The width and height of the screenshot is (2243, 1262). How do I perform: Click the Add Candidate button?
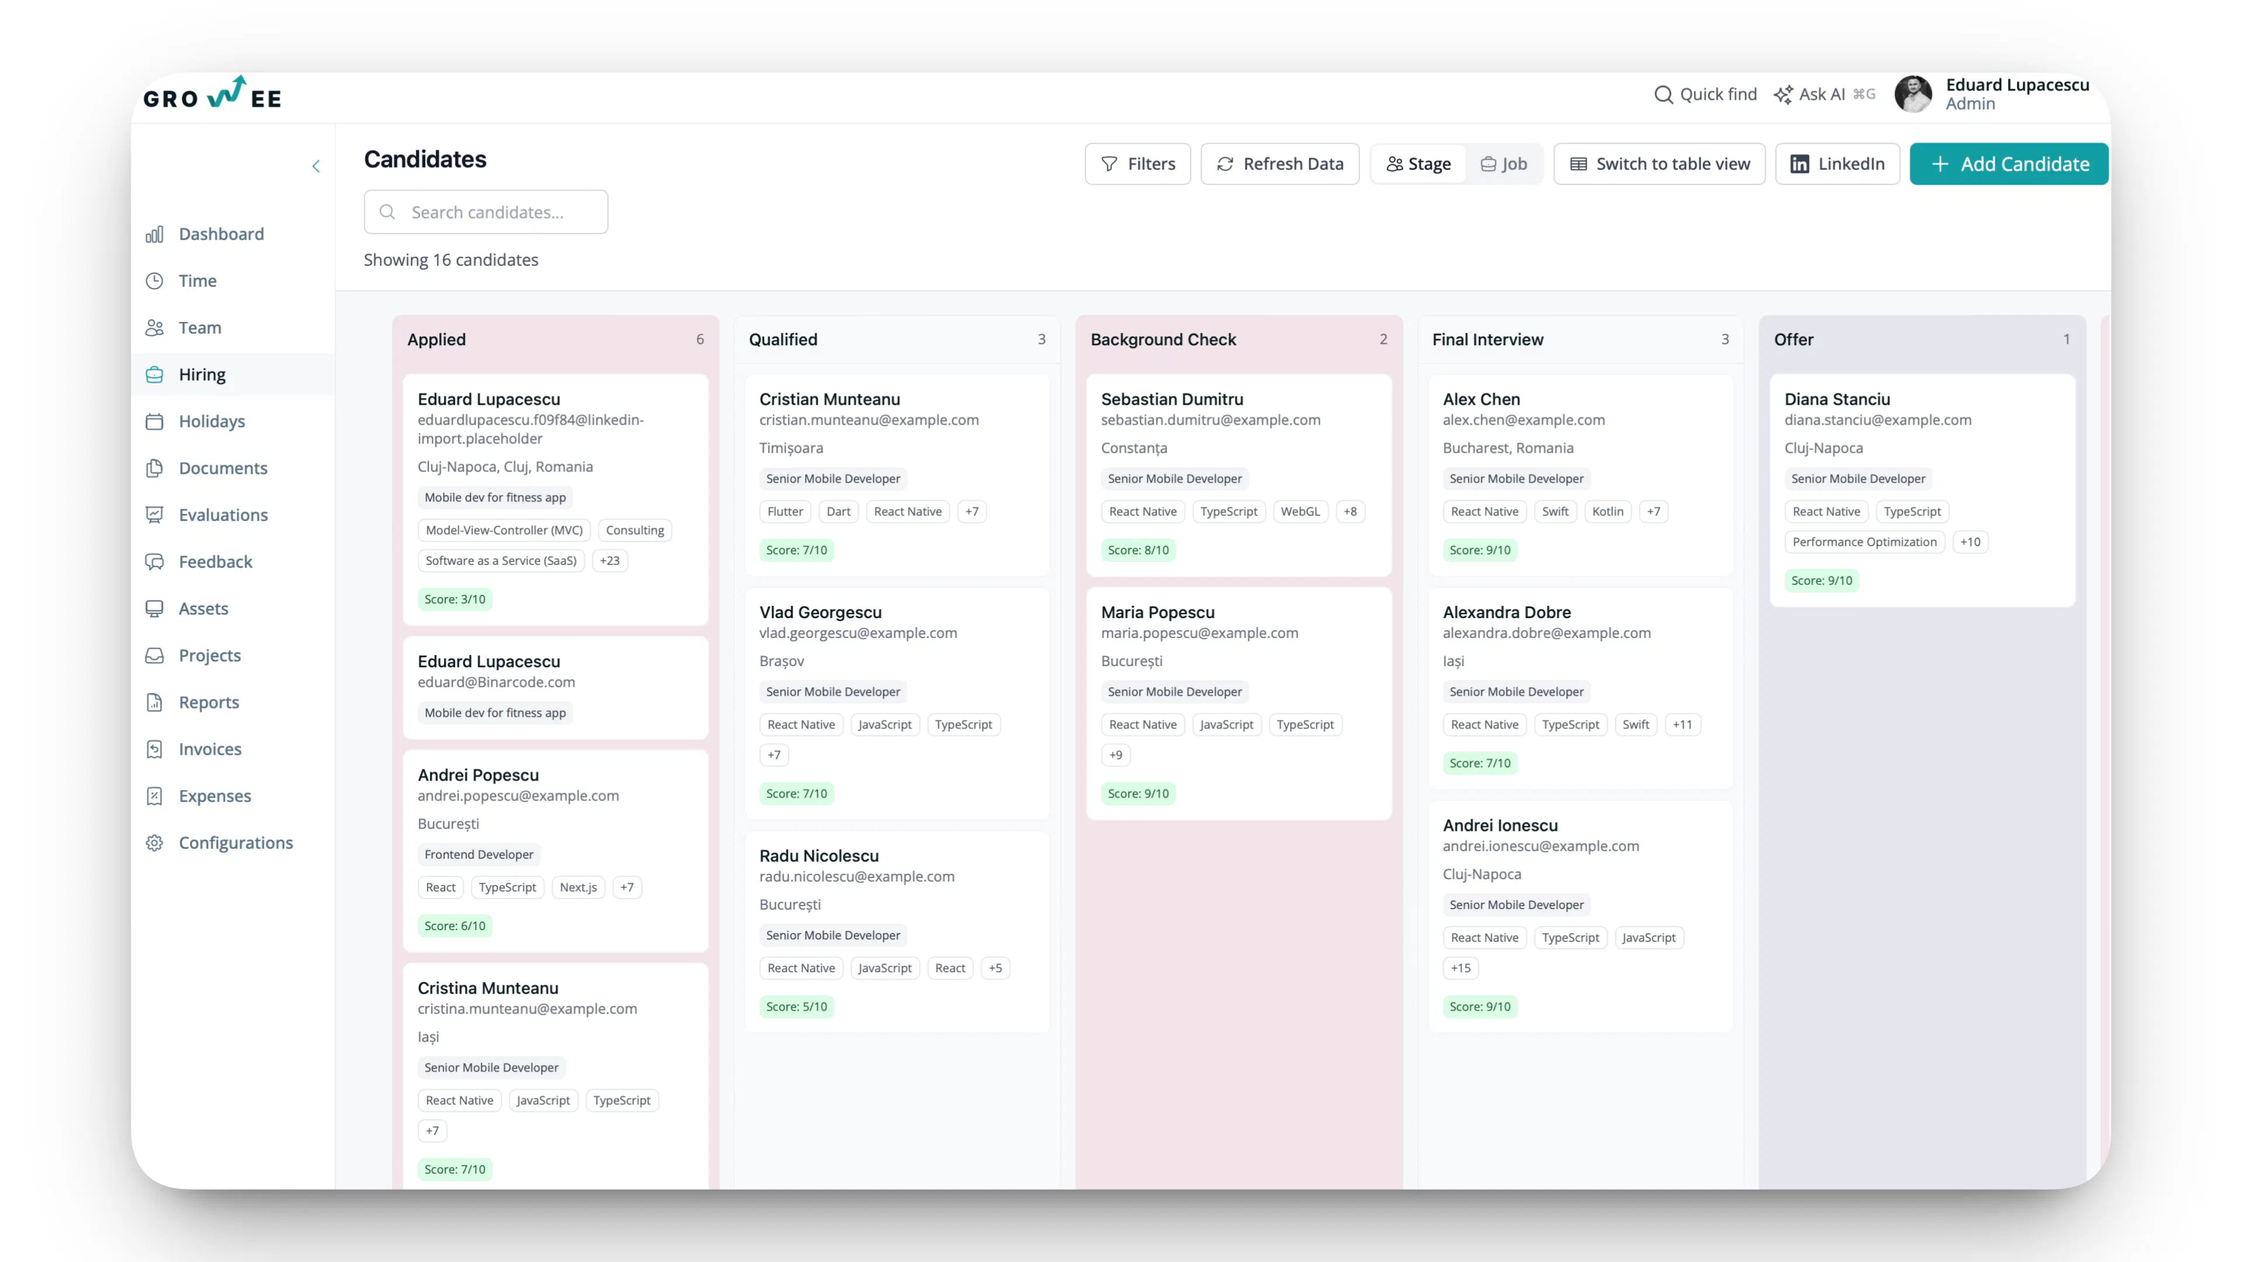[2008, 164]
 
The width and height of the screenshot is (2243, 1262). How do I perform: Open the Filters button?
[1137, 164]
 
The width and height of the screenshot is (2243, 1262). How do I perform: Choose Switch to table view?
[1659, 164]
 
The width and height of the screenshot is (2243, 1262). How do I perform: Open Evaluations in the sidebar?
[223, 515]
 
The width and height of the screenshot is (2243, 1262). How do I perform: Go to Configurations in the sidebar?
[235, 842]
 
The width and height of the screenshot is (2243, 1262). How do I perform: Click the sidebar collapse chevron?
[316, 167]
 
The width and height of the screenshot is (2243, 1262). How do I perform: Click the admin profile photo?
[1913, 94]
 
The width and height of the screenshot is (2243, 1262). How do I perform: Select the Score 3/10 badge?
[454, 599]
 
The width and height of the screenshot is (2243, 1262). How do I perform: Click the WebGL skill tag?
[1299, 511]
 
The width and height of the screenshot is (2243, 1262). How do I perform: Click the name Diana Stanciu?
[1837, 399]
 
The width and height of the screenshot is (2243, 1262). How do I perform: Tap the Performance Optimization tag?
[1864, 542]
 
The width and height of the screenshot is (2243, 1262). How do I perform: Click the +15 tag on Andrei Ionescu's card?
[1460, 968]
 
